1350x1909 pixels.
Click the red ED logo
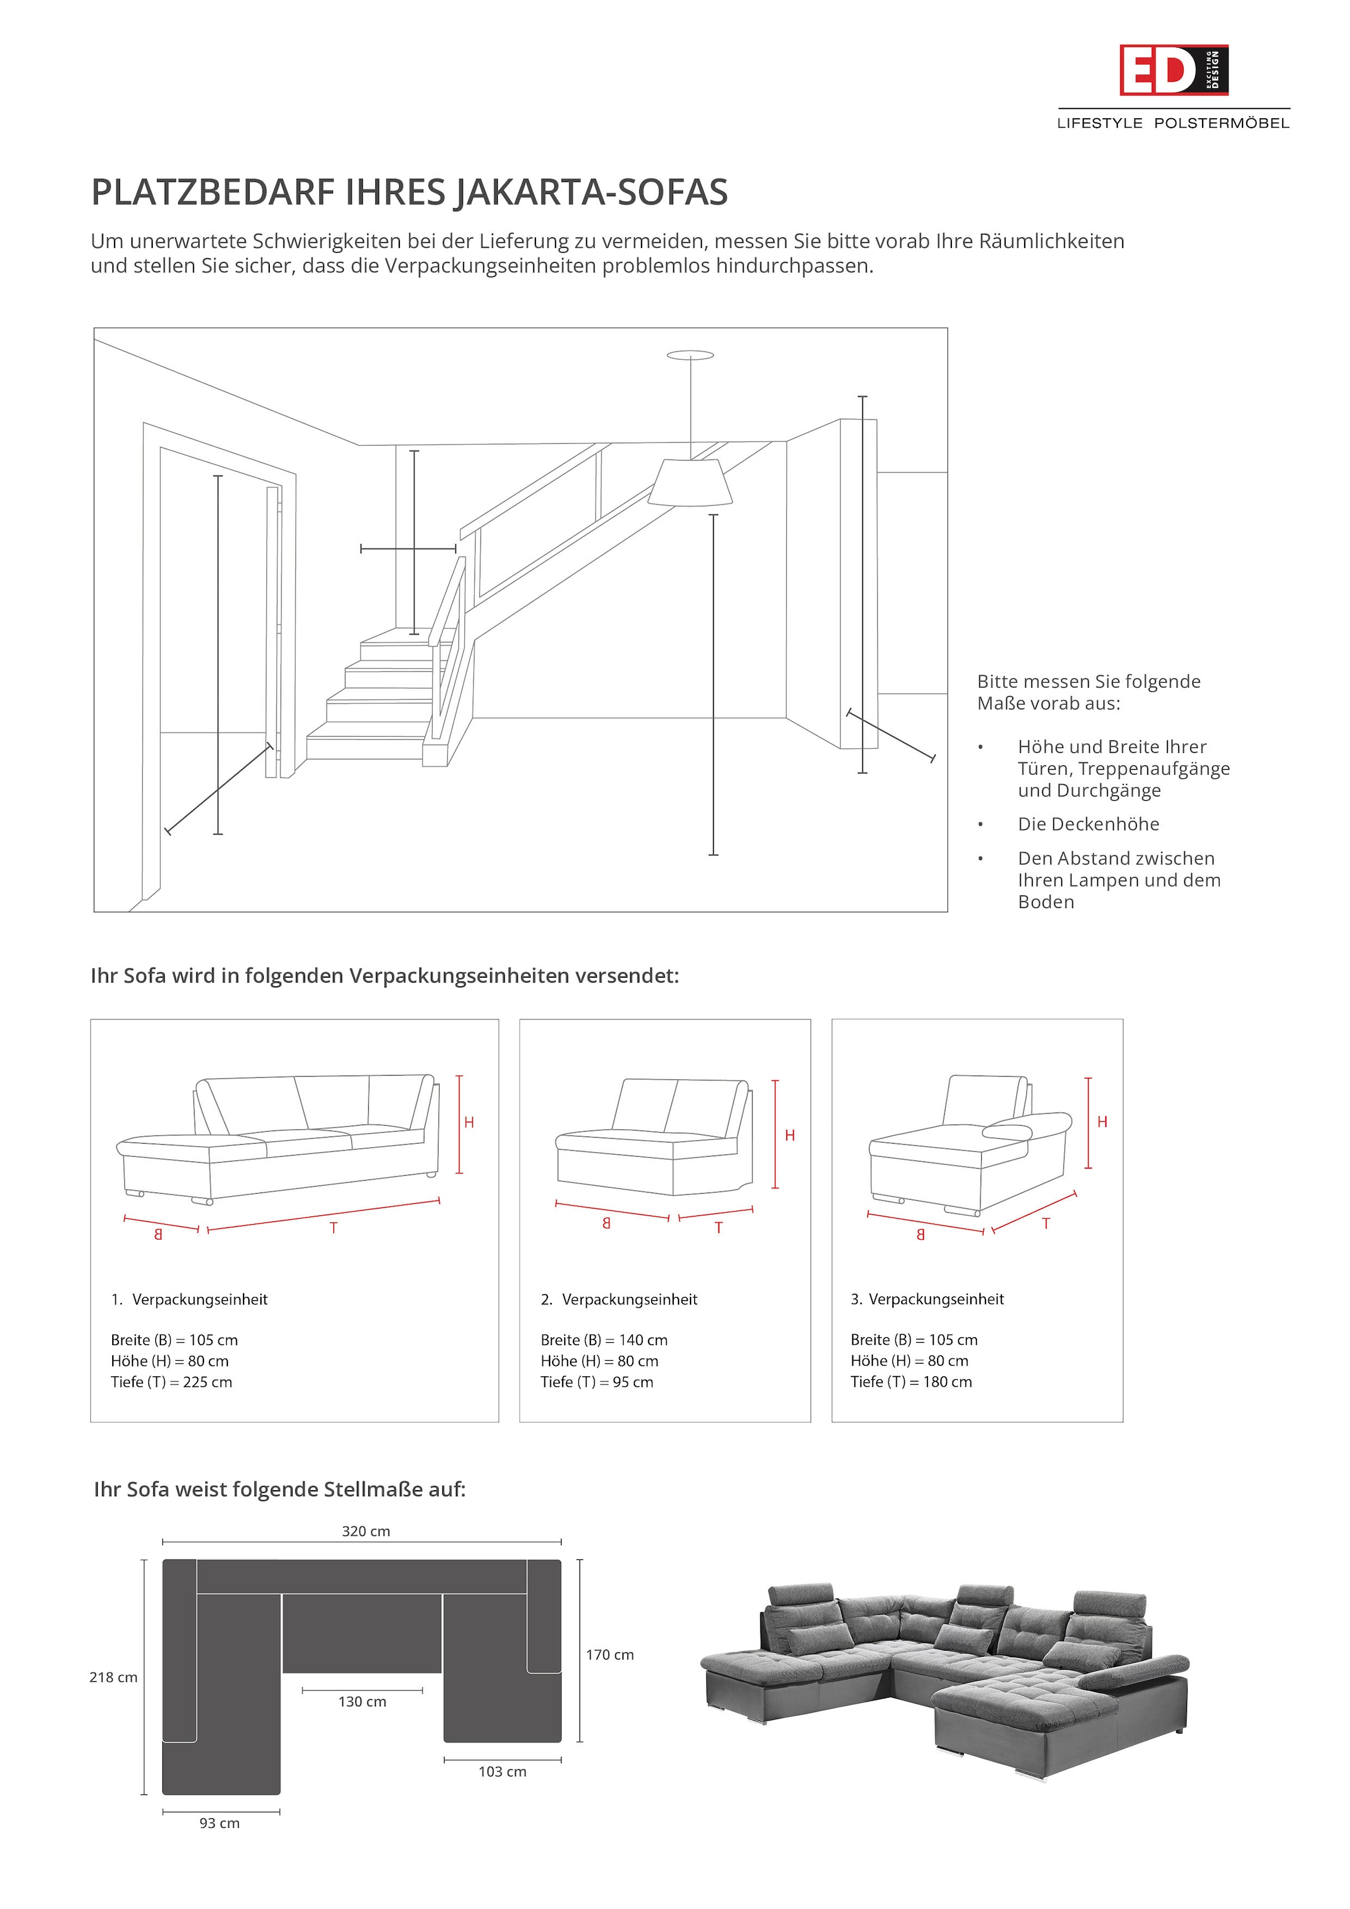coord(1172,70)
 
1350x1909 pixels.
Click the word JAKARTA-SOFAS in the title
coord(591,192)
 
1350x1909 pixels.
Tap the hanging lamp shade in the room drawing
coord(689,482)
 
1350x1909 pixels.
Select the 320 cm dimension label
coord(365,1531)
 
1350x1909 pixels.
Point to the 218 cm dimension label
coord(113,1677)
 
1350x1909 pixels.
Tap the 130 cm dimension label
coord(362,1701)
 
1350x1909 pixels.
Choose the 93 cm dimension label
coord(220,1822)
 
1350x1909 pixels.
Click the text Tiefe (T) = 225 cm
coord(171,1381)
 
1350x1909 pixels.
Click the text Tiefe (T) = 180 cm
coord(911,1381)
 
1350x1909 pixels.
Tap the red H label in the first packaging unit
coord(469,1123)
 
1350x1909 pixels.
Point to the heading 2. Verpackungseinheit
coord(619,1299)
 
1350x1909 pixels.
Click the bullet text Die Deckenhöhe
coord(1088,824)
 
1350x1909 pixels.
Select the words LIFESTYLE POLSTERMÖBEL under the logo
coord(1173,123)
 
